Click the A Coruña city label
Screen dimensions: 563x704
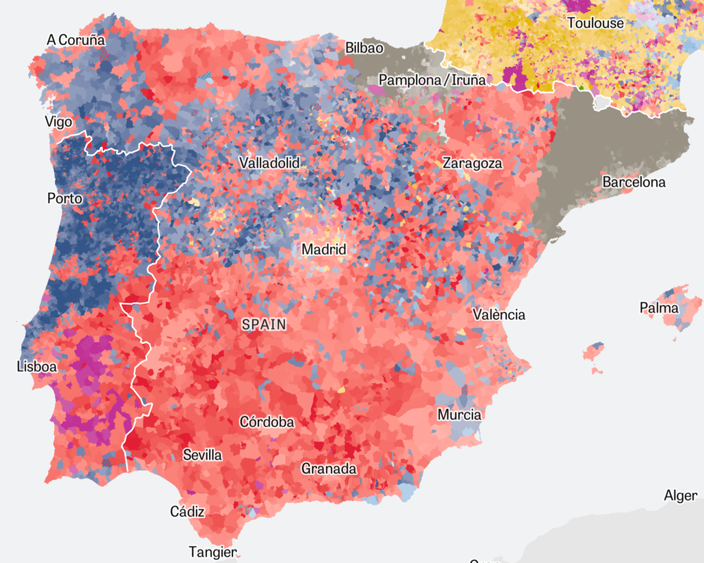pyautogui.click(x=75, y=40)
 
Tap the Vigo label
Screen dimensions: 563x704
pyautogui.click(x=58, y=122)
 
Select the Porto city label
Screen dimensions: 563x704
pyautogui.click(x=65, y=198)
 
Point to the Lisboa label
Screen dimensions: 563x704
pyautogui.click(x=37, y=366)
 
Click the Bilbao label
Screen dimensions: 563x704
pyautogui.click(x=364, y=48)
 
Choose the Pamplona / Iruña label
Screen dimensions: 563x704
pyautogui.click(x=432, y=80)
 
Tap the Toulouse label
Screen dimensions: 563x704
pyautogui.click(x=596, y=23)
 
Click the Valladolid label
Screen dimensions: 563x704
pyautogui.click(x=269, y=163)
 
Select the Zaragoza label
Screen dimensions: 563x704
pyautogui.click(x=472, y=163)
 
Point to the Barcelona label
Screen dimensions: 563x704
pyautogui.click(x=634, y=182)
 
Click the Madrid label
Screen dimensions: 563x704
pyautogui.click(x=324, y=249)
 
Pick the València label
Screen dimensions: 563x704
pyautogui.click(x=498, y=315)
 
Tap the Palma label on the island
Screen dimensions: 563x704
pyautogui.click(x=659, y=308)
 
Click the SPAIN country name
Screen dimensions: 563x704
pyautogui.click(x=264, y=324)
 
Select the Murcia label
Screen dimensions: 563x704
pyautogui.click(x=459, y=415)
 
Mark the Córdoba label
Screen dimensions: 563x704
pyautogui.click(x=267, y=422)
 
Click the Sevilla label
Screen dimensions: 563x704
pyautogui.click(x=202, y=455)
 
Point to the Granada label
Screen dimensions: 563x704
pyautogui.click(x=329, y=469)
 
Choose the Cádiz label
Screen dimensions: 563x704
pyautogui.click(x=187, y=512)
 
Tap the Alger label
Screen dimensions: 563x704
pyautogui.click(x=681, y=495)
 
